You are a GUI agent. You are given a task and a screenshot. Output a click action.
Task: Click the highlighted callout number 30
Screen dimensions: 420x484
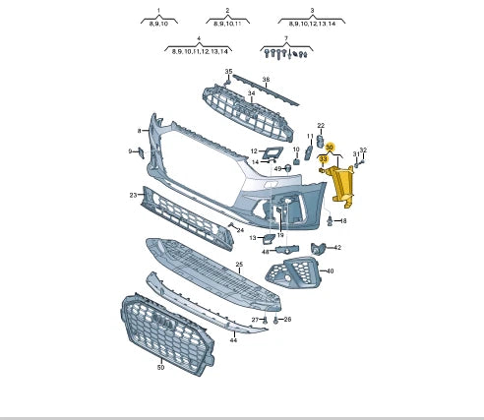coord(331,149)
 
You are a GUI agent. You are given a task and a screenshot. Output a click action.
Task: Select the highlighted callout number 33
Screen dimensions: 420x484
coord(323,158)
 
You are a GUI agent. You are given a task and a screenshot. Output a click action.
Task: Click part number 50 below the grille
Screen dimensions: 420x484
coord(160,366)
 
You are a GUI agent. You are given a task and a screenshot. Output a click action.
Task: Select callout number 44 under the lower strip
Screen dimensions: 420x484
coord(234,339)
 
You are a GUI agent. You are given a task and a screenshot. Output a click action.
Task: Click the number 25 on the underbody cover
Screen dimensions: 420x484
coord(239,266)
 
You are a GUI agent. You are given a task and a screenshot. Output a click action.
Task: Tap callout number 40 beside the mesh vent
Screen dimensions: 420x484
coord(330,270)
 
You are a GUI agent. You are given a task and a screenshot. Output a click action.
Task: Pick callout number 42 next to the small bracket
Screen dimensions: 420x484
coord(336,248)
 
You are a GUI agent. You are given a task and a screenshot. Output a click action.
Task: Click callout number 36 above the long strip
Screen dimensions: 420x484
coord(265,80)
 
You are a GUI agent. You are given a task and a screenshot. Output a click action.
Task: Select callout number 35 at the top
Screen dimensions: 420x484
coord(229,72)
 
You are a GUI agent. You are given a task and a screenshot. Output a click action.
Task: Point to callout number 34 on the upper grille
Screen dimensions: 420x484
coord(251,95)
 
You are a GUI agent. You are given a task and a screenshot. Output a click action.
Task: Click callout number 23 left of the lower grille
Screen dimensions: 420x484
coord(133,196)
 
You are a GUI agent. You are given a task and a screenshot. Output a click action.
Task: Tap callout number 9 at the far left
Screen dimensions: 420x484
coord(130,150)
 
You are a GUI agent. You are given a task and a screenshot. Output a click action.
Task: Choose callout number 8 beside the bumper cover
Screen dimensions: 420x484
coord(139,130)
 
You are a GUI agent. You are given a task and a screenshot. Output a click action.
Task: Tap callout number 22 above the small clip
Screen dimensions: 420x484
coord(321,126)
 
